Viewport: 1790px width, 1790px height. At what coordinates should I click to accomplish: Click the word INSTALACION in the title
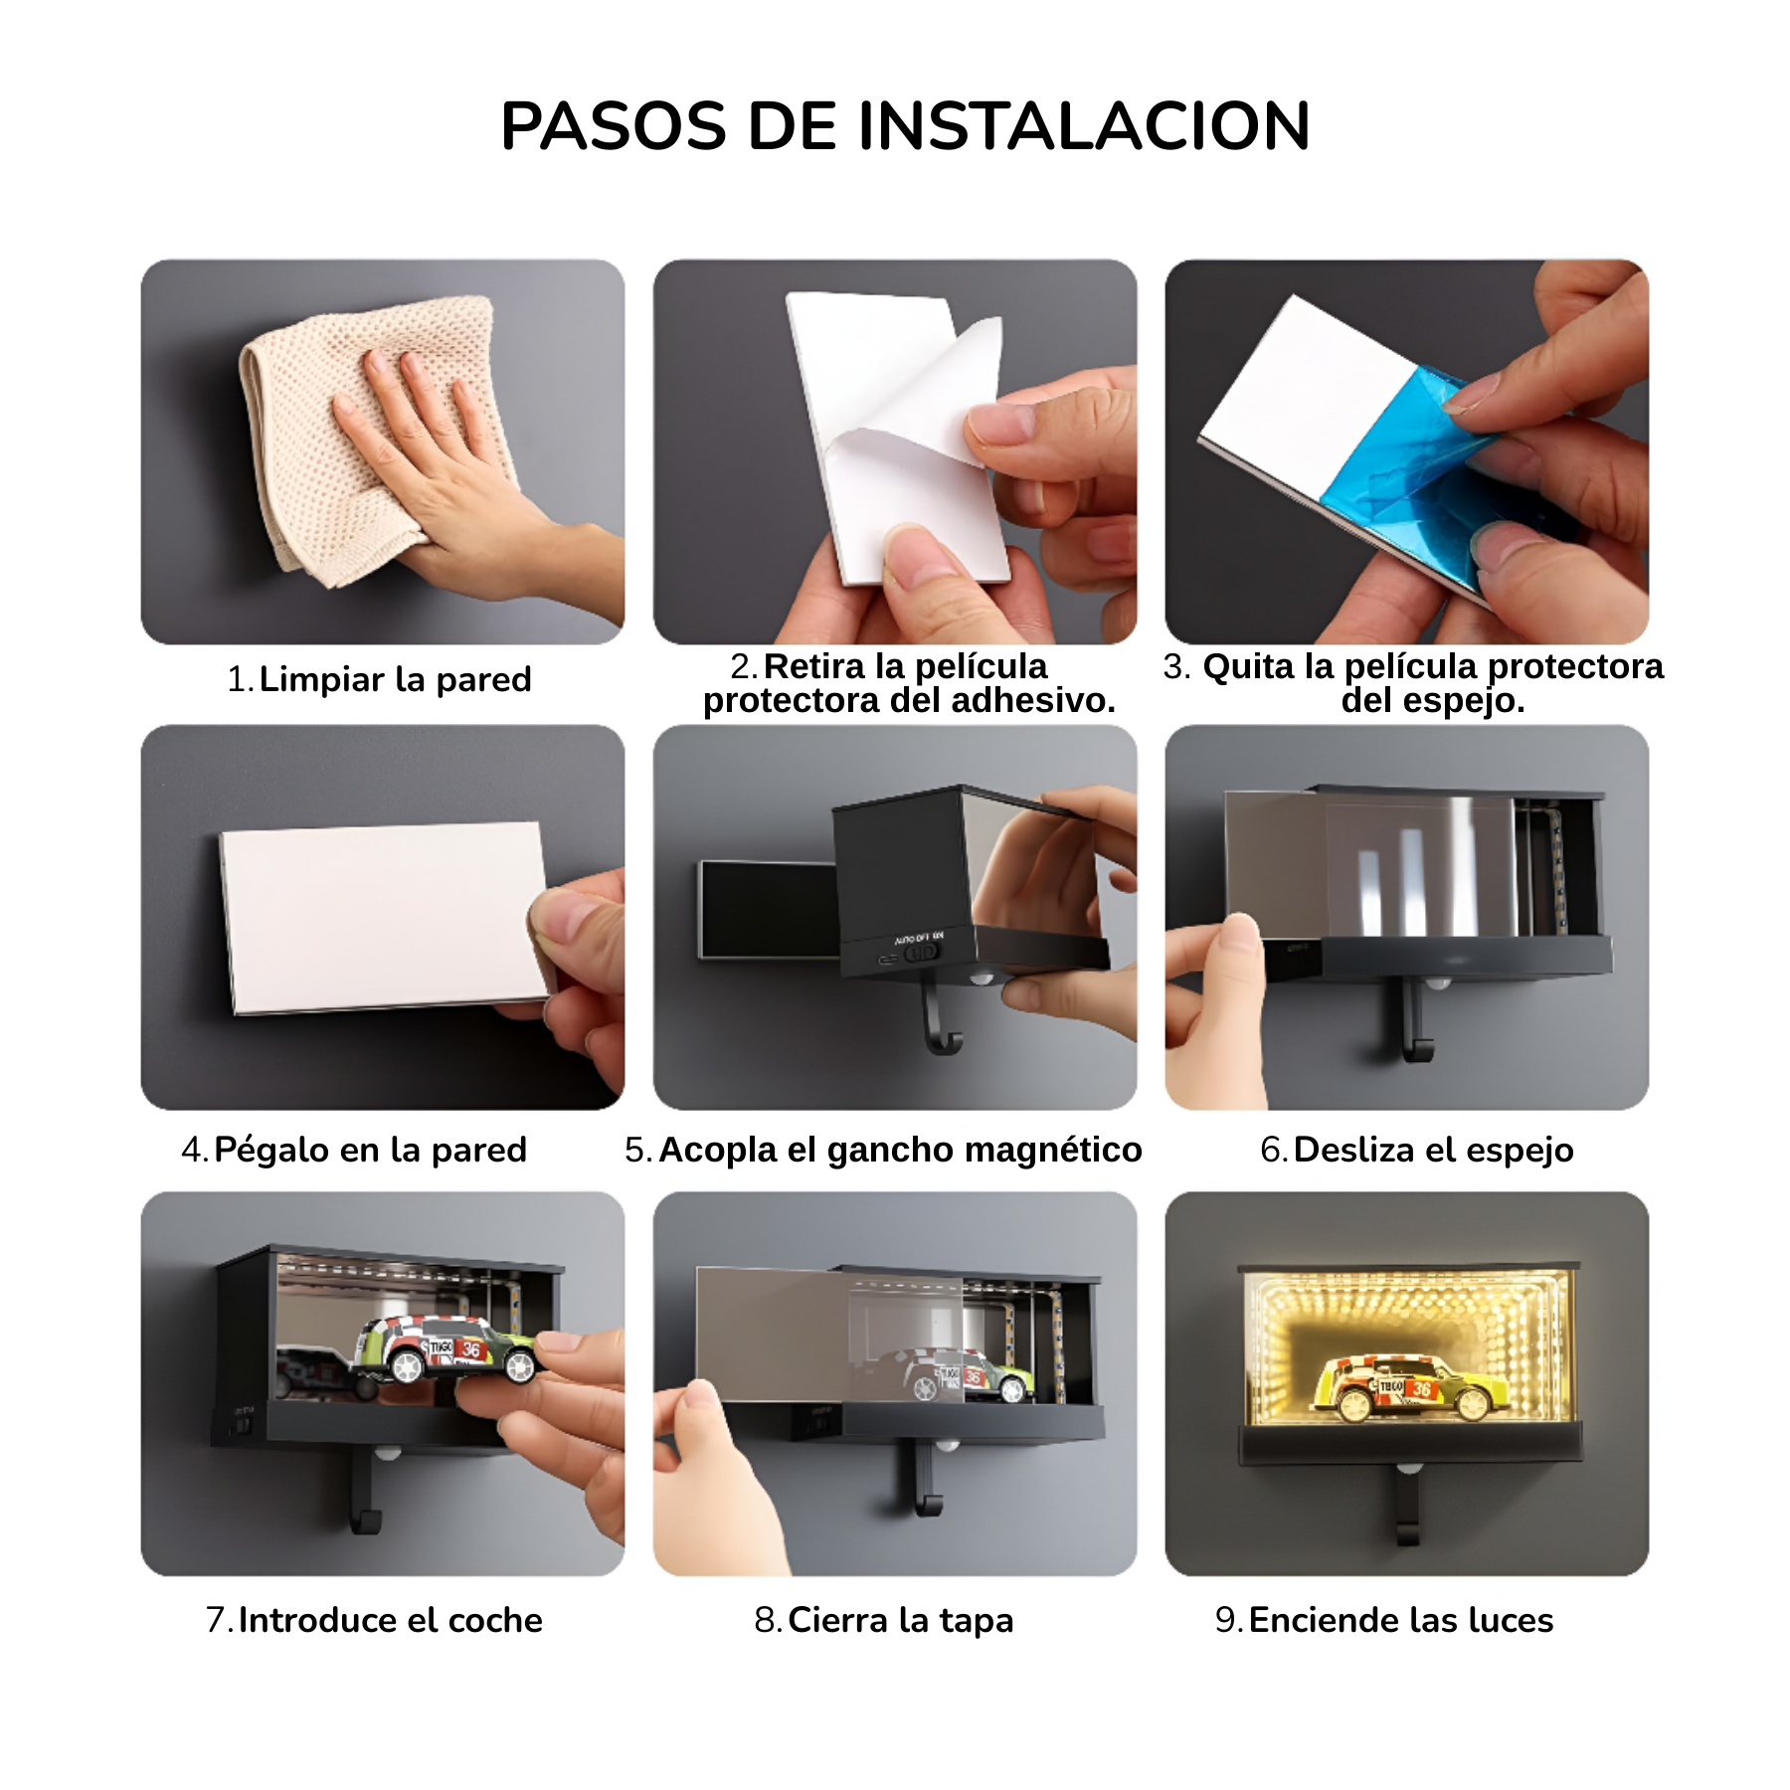pyautogui.click(x=1083, y=126)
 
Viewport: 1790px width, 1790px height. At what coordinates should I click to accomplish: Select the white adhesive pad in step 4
pyautogui.click(x=383, y=915)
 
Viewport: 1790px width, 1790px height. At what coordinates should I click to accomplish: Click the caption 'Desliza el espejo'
pyautogui.click(x=1433, y=1150)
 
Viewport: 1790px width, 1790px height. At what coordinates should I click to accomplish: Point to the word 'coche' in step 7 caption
pyautogui.click(x=495, y=1620)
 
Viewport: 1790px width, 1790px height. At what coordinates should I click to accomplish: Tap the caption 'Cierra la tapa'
pyautogui.click(x=900, y=1620)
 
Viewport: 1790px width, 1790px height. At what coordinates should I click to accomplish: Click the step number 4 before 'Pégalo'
pyautogui.click(x=192, y=1150)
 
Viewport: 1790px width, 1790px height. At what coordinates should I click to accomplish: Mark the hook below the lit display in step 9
pyautogui.click(x=1407, y=1512)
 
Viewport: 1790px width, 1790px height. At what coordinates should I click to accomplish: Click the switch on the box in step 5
pyautogui.click(x=921, y=953)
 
